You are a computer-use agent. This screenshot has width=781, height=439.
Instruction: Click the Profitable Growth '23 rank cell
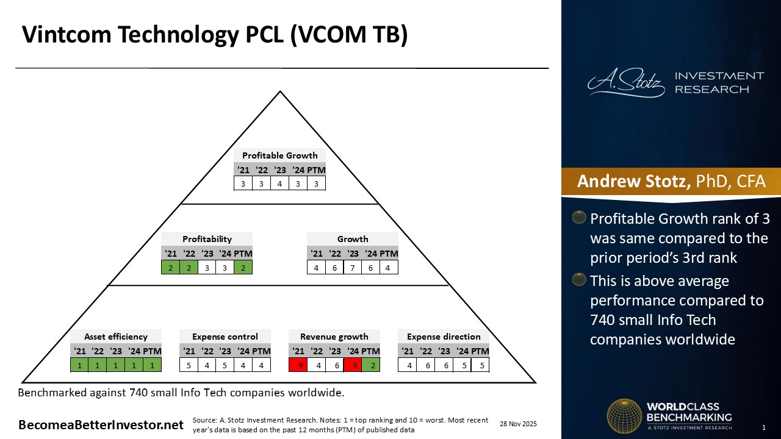(x=279, y=184)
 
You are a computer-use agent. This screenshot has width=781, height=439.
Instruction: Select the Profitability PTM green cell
(x=243, y=268)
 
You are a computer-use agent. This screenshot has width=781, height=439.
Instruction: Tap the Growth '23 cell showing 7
(x=353, y=268)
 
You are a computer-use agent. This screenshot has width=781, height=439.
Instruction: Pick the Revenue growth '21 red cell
(x=298, y=365)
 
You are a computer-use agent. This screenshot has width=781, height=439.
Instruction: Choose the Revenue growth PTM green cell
(x=371, y=365)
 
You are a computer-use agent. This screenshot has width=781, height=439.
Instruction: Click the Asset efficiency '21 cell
(x=79, y=365)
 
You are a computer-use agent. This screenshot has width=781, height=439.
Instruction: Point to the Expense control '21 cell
(x=189, y=365)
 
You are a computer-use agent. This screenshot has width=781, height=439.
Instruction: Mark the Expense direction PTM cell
(x=480, y=365)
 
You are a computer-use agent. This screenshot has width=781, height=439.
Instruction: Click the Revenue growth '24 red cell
(x=353, y=365)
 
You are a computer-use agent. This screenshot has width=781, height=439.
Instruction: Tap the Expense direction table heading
(x=444, y=337)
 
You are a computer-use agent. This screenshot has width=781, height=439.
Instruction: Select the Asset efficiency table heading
(x=116, y=337)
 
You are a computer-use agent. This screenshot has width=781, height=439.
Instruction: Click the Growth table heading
(x=353, y=239)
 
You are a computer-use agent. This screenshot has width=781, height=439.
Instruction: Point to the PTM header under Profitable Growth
(x=316, y=170)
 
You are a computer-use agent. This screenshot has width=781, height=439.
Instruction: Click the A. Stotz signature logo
(x=626, y=82)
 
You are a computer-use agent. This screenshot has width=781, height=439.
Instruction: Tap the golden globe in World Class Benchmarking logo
(x=624, y=416)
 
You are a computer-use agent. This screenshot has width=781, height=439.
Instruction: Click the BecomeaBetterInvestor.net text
(x=101, y=425)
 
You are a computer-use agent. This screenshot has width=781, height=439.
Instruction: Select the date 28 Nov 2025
(x=518, y=424)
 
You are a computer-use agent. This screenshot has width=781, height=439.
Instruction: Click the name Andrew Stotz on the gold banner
(x=633, y=181)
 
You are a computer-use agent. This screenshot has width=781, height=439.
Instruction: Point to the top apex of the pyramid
(x=280, y=91)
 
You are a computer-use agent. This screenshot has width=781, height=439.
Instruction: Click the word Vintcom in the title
(x=67, y=34)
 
